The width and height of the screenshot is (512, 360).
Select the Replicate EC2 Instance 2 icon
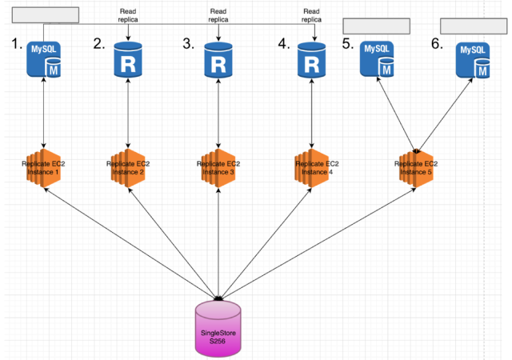pyautogui.click(x=129, y=168)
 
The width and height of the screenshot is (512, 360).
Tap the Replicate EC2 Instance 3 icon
pyautogui.click(x=218, y=168)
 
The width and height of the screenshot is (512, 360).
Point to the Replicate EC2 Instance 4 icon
pyautogui.click(x=311, y=168)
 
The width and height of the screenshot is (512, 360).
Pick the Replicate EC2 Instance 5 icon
pyautogui.click(x=417, y=168)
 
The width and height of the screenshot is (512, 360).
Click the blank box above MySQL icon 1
pyautogui.click(x=46, y=14)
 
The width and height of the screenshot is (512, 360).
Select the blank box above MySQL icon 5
pyautogui.click(x=376, y=26)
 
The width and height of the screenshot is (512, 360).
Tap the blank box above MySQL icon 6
pyautogui.click(x=474, y=26)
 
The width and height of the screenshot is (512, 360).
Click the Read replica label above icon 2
pyautogui.click(x=128, y=15)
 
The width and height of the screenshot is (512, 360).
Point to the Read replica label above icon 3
pyautogui.click(x=218, y=15)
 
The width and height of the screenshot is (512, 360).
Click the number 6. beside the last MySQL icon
pyautogui.click(x=437, y=45)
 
